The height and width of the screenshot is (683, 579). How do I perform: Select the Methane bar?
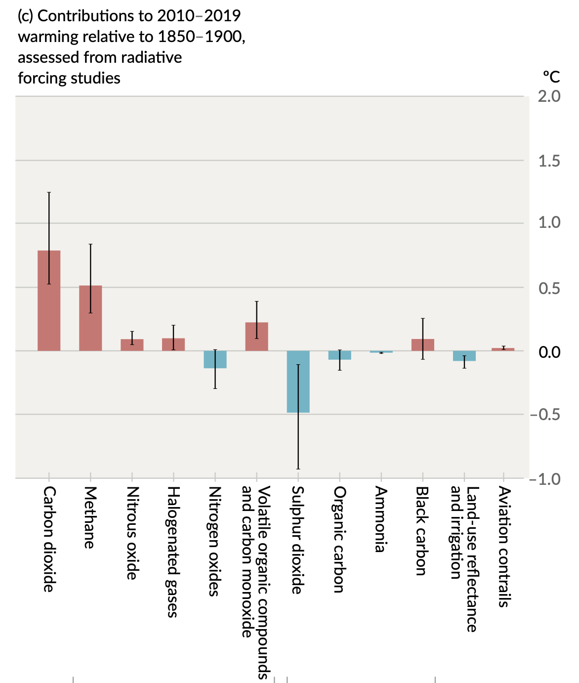click(90, 318)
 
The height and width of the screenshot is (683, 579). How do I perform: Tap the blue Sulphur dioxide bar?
click(298, 382)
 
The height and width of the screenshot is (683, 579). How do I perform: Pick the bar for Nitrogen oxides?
click(215, 359)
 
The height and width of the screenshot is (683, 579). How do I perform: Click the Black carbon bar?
click(422, 345)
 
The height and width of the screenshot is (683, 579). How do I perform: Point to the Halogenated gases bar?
click(173, 344)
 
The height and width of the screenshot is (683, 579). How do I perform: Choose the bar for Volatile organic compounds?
click(256, 337)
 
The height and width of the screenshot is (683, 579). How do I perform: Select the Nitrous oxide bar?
click(132, 345)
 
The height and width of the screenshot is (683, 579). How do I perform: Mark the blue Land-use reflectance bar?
click(464, 356)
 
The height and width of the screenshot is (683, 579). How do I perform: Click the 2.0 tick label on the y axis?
click(549, 96)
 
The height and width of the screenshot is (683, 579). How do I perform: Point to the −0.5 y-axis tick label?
click(545, 414)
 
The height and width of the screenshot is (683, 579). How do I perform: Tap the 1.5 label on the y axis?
click(549, 161)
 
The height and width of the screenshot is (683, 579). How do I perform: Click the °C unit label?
click(551, 77)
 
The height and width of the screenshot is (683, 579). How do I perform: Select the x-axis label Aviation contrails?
click(503, 547)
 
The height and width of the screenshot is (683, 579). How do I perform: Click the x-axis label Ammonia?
click(380, 519)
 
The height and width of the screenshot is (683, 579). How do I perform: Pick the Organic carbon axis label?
click(339, 539)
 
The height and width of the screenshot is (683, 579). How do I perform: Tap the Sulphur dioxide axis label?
click(297, 540)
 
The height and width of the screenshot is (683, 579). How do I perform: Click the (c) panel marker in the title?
click(26, 16)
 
